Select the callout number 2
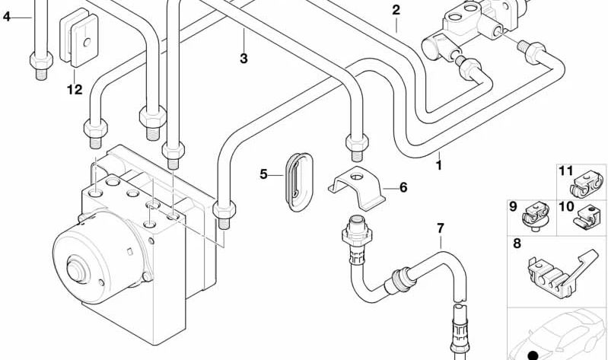click(396, 10)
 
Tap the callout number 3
click(244, 58)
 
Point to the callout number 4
click(7, 17)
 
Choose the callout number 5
click(263, 174)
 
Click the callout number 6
click(403, 186)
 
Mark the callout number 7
click(439, 228)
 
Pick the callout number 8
click(517, 245)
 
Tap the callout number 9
click(513, 205)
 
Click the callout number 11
click(565, 171)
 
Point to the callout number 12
click(73, 90)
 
